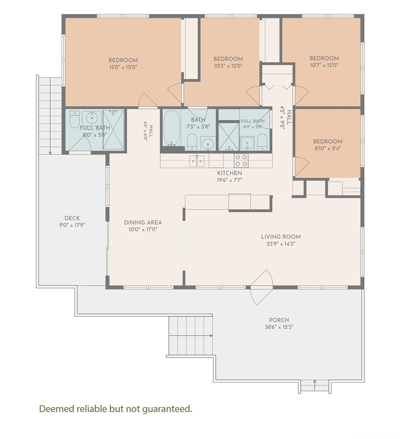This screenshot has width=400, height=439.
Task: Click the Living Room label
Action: click(281, 237)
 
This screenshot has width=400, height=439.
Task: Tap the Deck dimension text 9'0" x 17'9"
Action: click(72, 225)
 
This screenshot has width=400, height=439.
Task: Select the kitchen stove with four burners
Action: click(241, 160)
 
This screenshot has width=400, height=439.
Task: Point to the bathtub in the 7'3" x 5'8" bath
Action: click(172, 128)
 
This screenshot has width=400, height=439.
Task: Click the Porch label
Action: click(279, 320)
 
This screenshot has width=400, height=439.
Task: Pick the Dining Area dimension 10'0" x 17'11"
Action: click(143, 230)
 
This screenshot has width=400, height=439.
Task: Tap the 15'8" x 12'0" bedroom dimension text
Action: click(123, 67)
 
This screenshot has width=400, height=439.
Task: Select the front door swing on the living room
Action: click(262, 287)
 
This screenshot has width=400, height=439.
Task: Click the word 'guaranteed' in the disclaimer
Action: click(167, 409)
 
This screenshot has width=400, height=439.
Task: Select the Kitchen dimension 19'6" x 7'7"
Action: click(230, 180)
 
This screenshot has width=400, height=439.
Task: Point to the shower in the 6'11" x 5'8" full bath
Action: click(229, 137)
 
